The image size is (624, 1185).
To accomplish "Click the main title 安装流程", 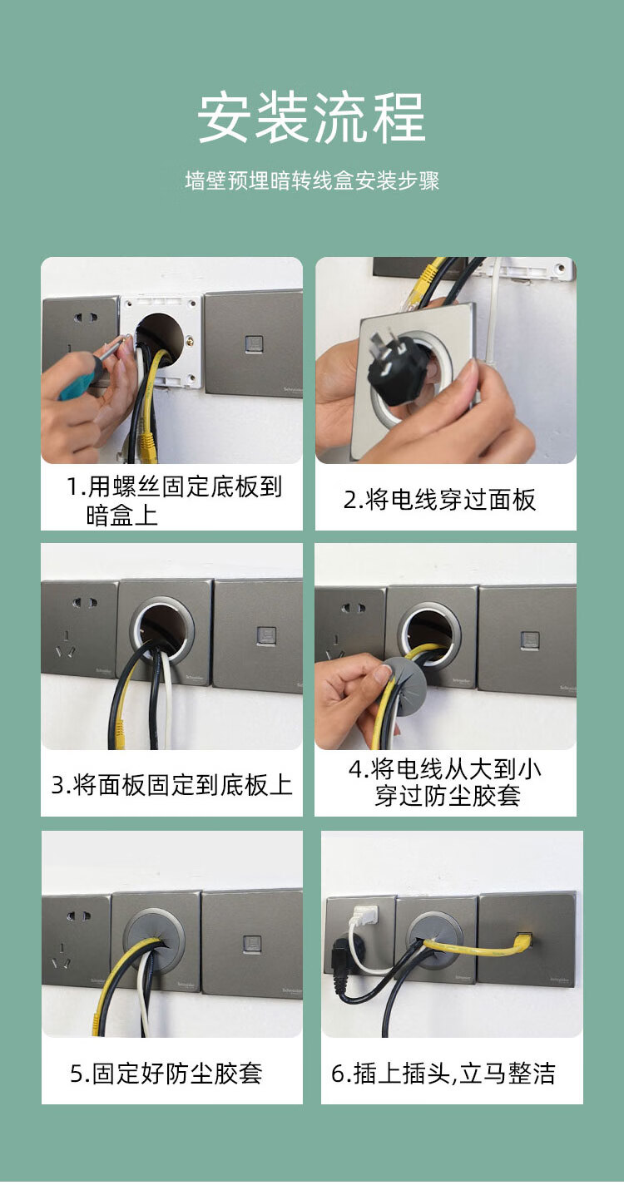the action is pyautogui.click(x=312, y=117).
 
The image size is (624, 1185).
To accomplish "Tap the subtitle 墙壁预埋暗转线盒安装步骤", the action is pyautogui.click(x=312, y=181).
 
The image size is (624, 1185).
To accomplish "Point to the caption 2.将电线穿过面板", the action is pyautogui.click(x=440, y=500).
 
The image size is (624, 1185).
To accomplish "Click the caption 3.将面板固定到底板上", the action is pyautogui.click(x=172, y=785).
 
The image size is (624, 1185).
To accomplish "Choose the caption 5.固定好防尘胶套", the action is pyautogui.click(x=166, y=1074).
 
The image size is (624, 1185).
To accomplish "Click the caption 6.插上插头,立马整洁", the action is pyautogui.click(x=443, y=1074).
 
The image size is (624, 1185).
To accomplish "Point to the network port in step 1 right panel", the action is pyautogui.click(x=254, y=344).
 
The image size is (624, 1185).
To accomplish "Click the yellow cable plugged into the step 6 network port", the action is pyautogui.click(x=477, y=947).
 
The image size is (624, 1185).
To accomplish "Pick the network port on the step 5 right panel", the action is pyautogui.click(x=252, y=945).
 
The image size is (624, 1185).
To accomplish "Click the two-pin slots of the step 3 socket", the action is pyautogui.click(x=85, y=603).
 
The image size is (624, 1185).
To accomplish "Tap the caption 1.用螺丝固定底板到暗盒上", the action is pyautogui.click(x=175, y=501).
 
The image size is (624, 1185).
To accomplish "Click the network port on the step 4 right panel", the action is pyautogui.click(x=529, y=640).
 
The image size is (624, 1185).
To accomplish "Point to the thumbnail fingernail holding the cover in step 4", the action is pyautogui.click(x=382, y=674).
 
